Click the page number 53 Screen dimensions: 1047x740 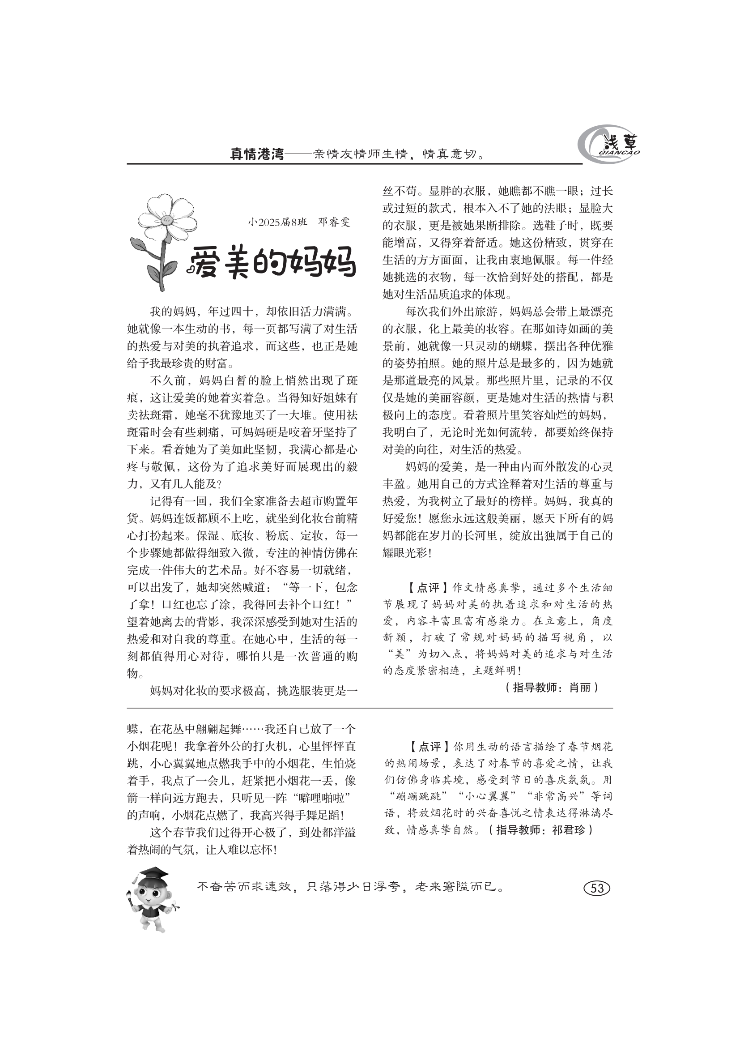coord(597,888)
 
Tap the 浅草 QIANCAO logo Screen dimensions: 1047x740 coord(608,145)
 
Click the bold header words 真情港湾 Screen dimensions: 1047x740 coord(257,154)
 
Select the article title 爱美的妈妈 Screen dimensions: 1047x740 coord(272,263)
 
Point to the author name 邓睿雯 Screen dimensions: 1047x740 coord(334,222)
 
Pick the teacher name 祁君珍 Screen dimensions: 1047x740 coord(568,830)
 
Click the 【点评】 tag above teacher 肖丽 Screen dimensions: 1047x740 coord(422,587)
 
